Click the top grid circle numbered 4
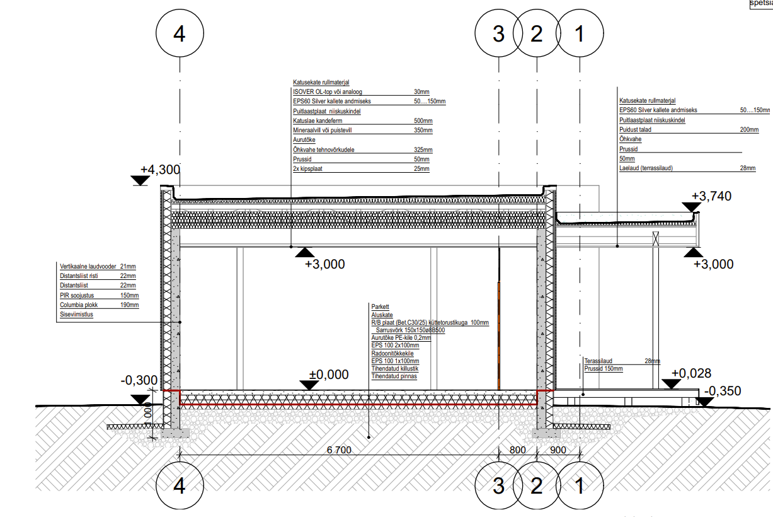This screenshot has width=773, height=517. (x=180, y=34)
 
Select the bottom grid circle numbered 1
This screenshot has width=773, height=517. (x=580, y=486)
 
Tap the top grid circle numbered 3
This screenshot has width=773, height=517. (x=498, y=34)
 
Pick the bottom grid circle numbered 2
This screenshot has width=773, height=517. (x=537, y=486)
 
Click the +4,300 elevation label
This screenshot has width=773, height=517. (x=160, y=170)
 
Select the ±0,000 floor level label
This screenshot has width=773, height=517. (x=328, y=375)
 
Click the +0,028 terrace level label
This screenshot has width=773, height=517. (x=691, y=373)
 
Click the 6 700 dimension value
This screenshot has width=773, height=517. (x=339, y=450)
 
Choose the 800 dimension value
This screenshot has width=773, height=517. (x=517, y=450)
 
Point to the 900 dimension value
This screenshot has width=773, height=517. (x=558, y=450)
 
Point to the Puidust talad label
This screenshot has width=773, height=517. (x=635, y=129)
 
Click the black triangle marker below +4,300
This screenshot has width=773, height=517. (x=140, y=181)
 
